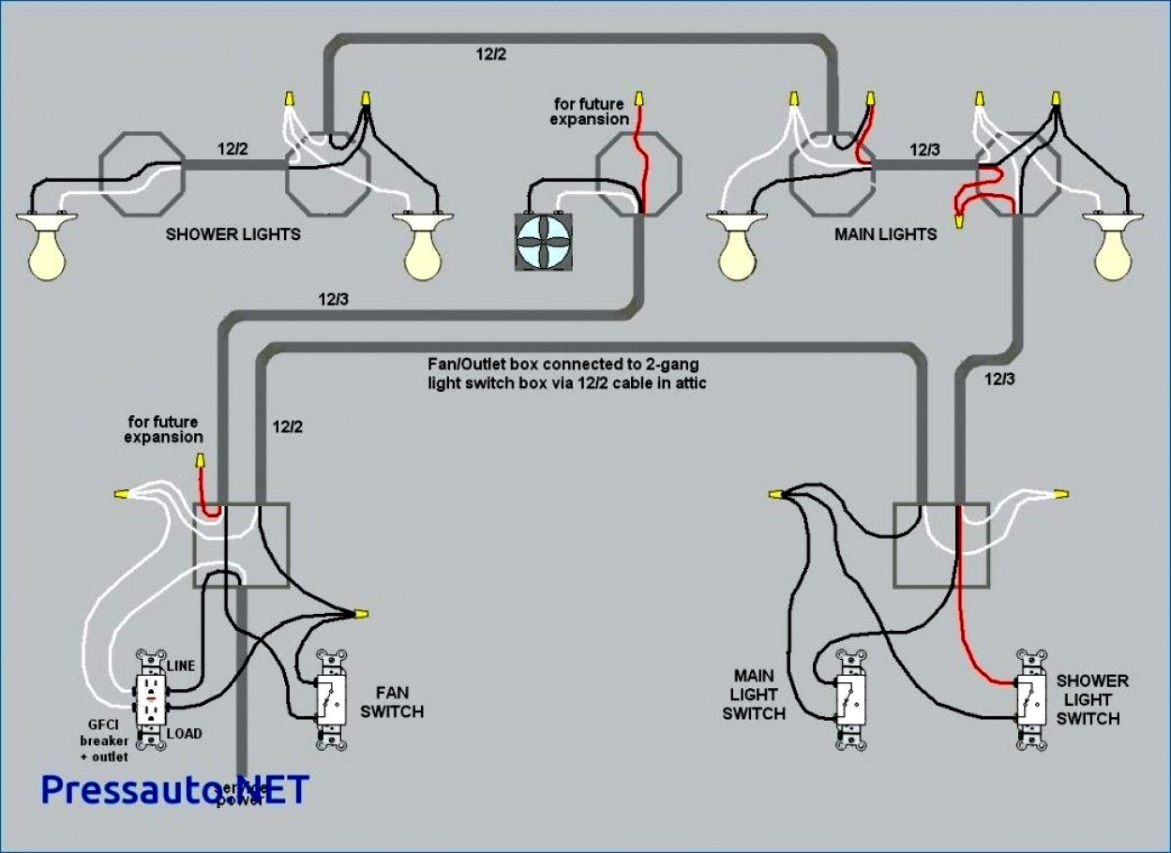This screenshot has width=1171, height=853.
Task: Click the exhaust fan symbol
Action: tap(544, 242)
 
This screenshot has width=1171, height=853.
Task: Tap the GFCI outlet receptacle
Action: tap(149, 699)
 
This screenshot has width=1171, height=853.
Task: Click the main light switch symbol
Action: tap(850, 698)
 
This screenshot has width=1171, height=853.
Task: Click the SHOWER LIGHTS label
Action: tap(233, 234)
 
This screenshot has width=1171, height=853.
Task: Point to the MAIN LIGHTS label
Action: tap(885, 234)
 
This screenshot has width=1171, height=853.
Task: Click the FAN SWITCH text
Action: tap(393, 702)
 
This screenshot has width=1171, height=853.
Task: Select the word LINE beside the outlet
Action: tap(181, 666)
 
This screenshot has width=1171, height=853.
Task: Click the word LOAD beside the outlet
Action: tap(184, 734)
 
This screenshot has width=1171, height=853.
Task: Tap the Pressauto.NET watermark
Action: tap(174, 789)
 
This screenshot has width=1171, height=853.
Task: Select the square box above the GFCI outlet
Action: tap(240, 545)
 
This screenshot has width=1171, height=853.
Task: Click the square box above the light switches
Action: tap(940, 545)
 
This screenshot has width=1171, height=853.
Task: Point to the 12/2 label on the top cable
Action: tap(489, 54)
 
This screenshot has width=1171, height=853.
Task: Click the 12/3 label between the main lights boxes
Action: tap(925, 149)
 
